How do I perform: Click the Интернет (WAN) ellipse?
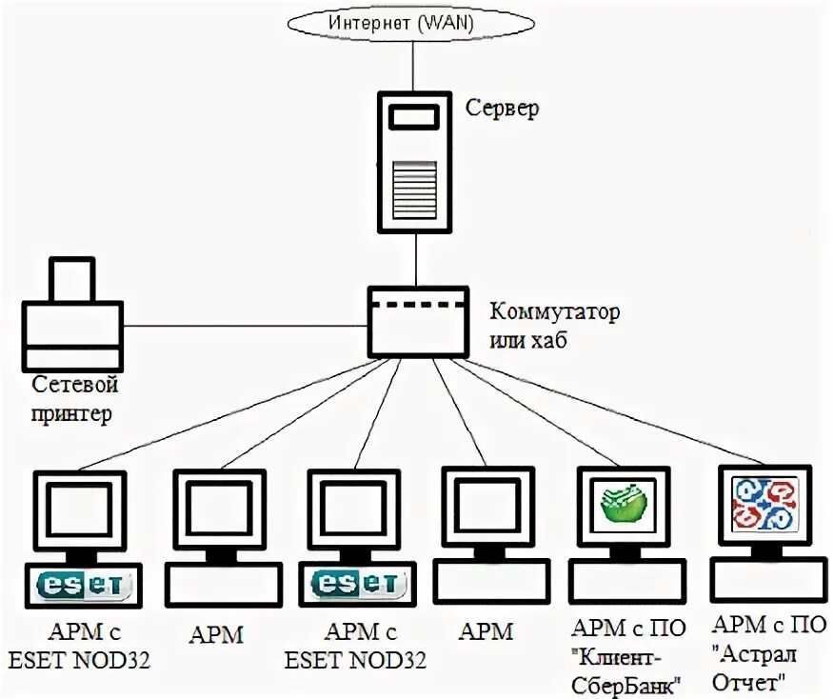[x=410, y=23]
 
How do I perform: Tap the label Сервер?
[x=502, y=107]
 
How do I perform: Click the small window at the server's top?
[x=414, y=117]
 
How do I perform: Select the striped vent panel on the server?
[x=414, y=190]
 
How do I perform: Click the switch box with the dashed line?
[x=419, y=323]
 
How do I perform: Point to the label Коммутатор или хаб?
[x=555, y=326]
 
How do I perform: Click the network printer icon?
[x=72, y=314]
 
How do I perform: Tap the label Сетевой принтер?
[x=74, y=398]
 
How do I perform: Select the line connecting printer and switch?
[x=246, y=326]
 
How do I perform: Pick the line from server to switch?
[x=415, y=260]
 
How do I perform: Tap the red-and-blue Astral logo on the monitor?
[x=764, y=503]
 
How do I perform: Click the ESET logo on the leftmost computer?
[x=83, y=585]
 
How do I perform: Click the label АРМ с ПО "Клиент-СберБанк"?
[x=628, y=657]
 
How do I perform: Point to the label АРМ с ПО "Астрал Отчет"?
[x=768, y=652]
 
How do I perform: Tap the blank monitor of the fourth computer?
[x=487, y=507]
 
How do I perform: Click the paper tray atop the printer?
[x=71, y=280]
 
